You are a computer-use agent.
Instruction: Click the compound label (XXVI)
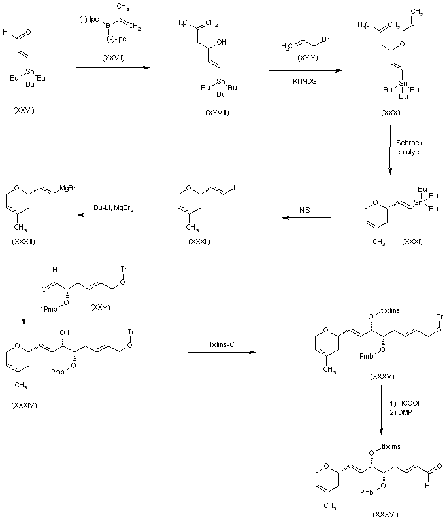pyautogui.click(x=24, y=110)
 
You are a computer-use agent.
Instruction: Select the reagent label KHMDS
pyautogui.click(x=305, y=81)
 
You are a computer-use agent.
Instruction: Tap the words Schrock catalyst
pyautogui.click(x=409, y=147)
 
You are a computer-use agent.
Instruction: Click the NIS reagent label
pyautogui.click(x=305, y=210)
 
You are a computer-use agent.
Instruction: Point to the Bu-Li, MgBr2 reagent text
pyautogui.click(x=114, y=208)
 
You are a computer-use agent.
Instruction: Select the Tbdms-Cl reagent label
pyautogui.click(x=221, y=344)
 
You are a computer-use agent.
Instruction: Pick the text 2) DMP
pyautogui.click(x=401, y=412)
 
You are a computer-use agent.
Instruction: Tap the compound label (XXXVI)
pyautogui.click(x=386, y=514)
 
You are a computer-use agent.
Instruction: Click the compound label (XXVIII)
pyautogui.click(x=217, y=113)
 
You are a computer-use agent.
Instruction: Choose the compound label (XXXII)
pyautogui.click(x=199, y=242)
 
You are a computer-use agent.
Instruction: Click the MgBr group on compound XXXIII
pyautogui.click(x=68, y=188)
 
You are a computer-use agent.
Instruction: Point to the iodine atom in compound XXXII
pyautogui.click(x=234, y=188)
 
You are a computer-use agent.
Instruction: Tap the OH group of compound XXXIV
pyautogui.click(x=64, y=332)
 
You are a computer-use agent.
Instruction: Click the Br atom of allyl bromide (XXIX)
pyautogui.click(x=325, y=40)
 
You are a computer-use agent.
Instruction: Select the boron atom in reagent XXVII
pyautogui.click(x=107, y=25)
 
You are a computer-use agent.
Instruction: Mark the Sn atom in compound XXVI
pyautogui.click(x=30, y=71)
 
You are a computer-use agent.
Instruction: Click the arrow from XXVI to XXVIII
pyautogui.click(x=114, y=68)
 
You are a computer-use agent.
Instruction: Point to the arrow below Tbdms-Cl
pyautogui.click(x=222, y=352)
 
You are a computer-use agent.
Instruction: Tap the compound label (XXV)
pyautogui.click(x=100, y=307)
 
